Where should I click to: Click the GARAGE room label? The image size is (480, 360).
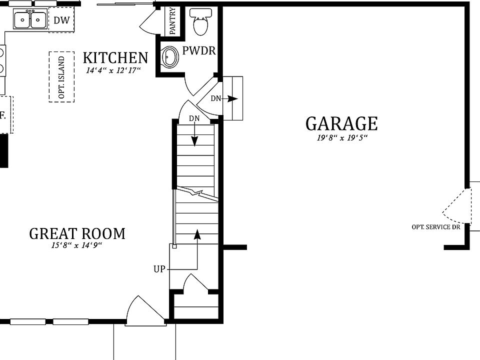click(341, 123)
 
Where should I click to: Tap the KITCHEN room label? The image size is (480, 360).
click(115, 58)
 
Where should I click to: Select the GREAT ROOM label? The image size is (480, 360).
click(77, 233)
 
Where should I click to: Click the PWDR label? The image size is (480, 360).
click(198, 51)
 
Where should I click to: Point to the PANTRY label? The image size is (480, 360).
click(172, 21)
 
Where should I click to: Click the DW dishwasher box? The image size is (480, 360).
click(61, 21)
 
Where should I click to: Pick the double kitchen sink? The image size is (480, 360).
click(30, 20)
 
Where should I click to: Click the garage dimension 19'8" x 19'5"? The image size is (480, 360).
click(342, 138)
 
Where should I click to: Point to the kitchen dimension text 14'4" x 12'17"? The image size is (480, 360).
click(113, 71)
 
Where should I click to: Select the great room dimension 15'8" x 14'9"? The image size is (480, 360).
click(76, 245)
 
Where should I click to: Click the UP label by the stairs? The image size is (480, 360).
click(159, 269)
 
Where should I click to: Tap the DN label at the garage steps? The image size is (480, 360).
click(215, 98)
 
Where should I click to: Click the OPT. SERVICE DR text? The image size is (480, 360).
click(435, 227)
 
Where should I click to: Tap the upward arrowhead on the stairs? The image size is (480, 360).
click(197, 233)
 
